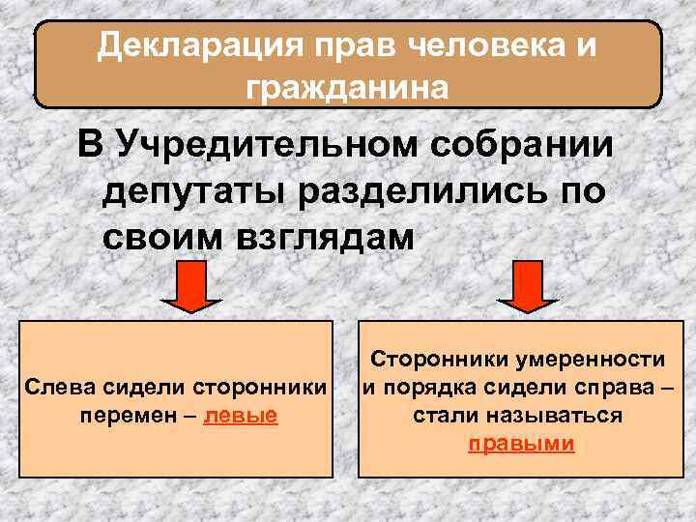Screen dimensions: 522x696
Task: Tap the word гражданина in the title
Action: point(347,88)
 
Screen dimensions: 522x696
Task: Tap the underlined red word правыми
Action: point(521,444)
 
